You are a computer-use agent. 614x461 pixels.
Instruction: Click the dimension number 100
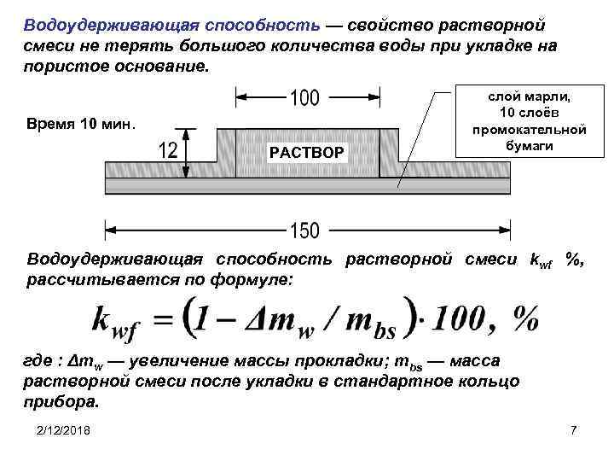(304, 100)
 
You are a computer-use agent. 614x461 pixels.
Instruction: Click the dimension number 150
(304, 230)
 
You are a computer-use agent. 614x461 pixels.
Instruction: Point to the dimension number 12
(169, 151)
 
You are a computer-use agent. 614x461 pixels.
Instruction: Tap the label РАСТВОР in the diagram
(307, 153)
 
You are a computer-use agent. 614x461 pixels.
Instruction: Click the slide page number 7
(574, 430)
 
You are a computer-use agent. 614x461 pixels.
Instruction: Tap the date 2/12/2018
(66, 430)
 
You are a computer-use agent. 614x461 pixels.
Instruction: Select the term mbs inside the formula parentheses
(378, 320)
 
